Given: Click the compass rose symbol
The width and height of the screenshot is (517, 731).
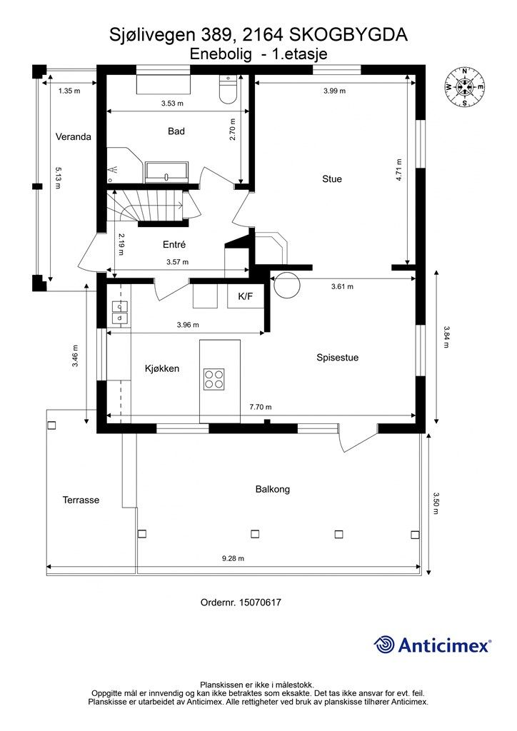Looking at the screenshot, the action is (x=465, y=86).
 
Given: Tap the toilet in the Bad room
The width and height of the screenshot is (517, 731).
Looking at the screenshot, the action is (x=228, y=89).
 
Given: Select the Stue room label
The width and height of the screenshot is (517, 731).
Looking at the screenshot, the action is (x=332, y=178).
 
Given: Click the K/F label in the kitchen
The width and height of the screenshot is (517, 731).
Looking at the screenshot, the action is (x=245, y=296).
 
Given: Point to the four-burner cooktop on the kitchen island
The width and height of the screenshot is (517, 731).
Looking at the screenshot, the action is (x=214, y=378).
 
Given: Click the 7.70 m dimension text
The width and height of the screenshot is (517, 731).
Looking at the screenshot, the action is (x=260, y=407).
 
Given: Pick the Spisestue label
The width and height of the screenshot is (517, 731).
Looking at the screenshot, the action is (x=338, y=358).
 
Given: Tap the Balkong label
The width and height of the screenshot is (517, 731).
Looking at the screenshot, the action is (x=273, y=489).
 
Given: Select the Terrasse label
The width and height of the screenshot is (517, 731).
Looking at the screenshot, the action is (x=81, y=500).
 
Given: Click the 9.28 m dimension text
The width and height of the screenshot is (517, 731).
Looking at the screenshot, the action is (x=233, y=558).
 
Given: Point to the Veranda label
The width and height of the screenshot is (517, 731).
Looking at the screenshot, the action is (x=73, y=136).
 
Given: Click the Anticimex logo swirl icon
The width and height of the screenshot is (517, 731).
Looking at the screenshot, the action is (x=383, y=645).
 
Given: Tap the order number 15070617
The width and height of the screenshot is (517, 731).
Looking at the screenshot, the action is (x=260, y=603).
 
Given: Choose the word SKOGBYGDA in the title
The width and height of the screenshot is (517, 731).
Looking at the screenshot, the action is (x=348, y=35).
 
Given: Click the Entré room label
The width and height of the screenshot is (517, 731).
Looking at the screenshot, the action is (x=174, y=244).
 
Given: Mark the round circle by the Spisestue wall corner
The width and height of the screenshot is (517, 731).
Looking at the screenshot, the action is (x=286, y=286).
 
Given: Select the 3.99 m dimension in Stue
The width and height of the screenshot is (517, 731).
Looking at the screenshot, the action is (x=334, y=91).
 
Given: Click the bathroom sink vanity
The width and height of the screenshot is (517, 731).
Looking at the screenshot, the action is (x=166, y=172).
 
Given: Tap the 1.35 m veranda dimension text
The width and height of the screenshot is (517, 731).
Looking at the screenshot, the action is (x=69, y=91).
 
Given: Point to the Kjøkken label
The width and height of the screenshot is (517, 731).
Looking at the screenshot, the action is (x=162, y=368).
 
